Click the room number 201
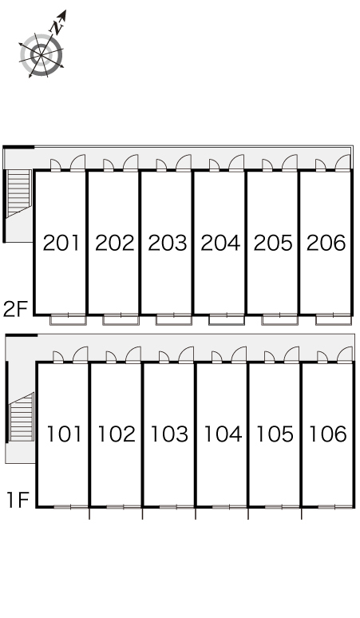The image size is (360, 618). (x=61, y=243)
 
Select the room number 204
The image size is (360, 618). (x=220, y=243)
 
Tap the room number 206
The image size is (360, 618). (x=326, y=243)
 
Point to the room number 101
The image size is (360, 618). (x=64, y=434)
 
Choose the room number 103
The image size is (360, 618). (x=169, y=434)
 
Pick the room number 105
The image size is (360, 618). (x=275, y=434)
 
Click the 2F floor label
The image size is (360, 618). (x=15, y=309)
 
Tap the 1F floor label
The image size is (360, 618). (x=18, y=500)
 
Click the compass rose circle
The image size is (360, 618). (x=42, y=55)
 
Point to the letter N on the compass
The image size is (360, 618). (x=57, y=27)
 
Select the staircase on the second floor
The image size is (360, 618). (x=19, y=193)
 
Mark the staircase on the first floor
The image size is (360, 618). (x=22, y=417)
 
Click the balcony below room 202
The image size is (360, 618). (x=121, y=319)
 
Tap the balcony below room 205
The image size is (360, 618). (x=279, y=319)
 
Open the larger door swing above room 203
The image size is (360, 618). (x=184, y=162)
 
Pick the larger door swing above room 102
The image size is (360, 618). (x=133, y=354)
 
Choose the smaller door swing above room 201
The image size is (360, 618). (x=56, y=165)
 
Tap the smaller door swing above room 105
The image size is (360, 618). (x=270, y=357)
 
